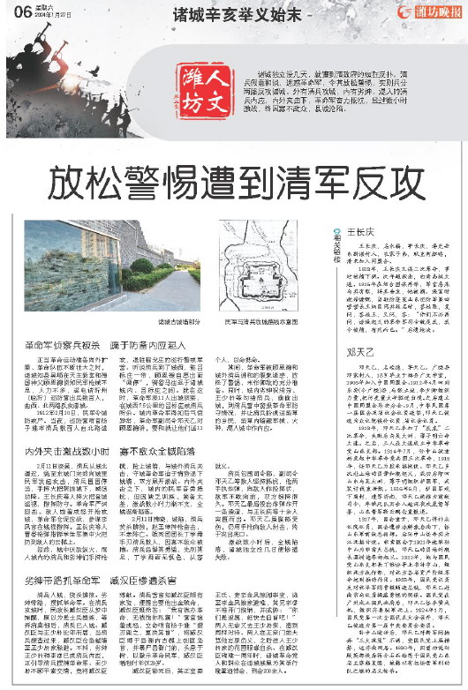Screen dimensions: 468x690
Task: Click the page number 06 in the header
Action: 20,11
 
